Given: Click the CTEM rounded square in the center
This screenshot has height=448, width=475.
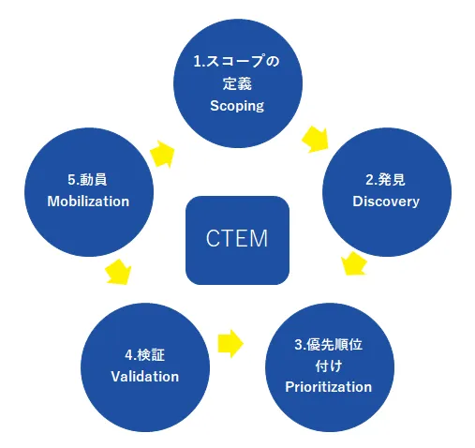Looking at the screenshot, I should (237, 240).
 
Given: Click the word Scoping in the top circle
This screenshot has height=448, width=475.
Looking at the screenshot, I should (237, 106).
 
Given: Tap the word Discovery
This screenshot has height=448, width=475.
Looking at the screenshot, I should (385, 202).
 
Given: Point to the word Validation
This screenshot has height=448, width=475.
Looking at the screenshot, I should (145, 377).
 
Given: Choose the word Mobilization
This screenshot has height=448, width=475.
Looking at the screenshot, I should (87, 201).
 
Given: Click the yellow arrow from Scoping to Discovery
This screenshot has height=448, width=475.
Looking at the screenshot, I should (316, 139).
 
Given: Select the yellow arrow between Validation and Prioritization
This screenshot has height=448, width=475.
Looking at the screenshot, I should (230, 342).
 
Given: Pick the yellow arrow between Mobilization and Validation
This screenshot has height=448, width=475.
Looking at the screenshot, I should (118, 272).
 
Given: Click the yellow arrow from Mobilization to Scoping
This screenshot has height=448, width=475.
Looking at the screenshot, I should (163, 153).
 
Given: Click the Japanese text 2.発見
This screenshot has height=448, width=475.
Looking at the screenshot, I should (385, 179).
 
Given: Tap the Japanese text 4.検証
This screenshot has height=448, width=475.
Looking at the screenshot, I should (145, 355).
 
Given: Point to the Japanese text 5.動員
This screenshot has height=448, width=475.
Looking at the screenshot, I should (87, 178).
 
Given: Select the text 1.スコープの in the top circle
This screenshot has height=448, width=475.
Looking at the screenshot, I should (237, 62).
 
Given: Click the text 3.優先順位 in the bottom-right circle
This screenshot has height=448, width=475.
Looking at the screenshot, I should (328, 344).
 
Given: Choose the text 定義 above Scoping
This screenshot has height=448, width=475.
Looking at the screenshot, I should (237, 84).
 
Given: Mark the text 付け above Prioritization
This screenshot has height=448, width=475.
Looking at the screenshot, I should (328, 366).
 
